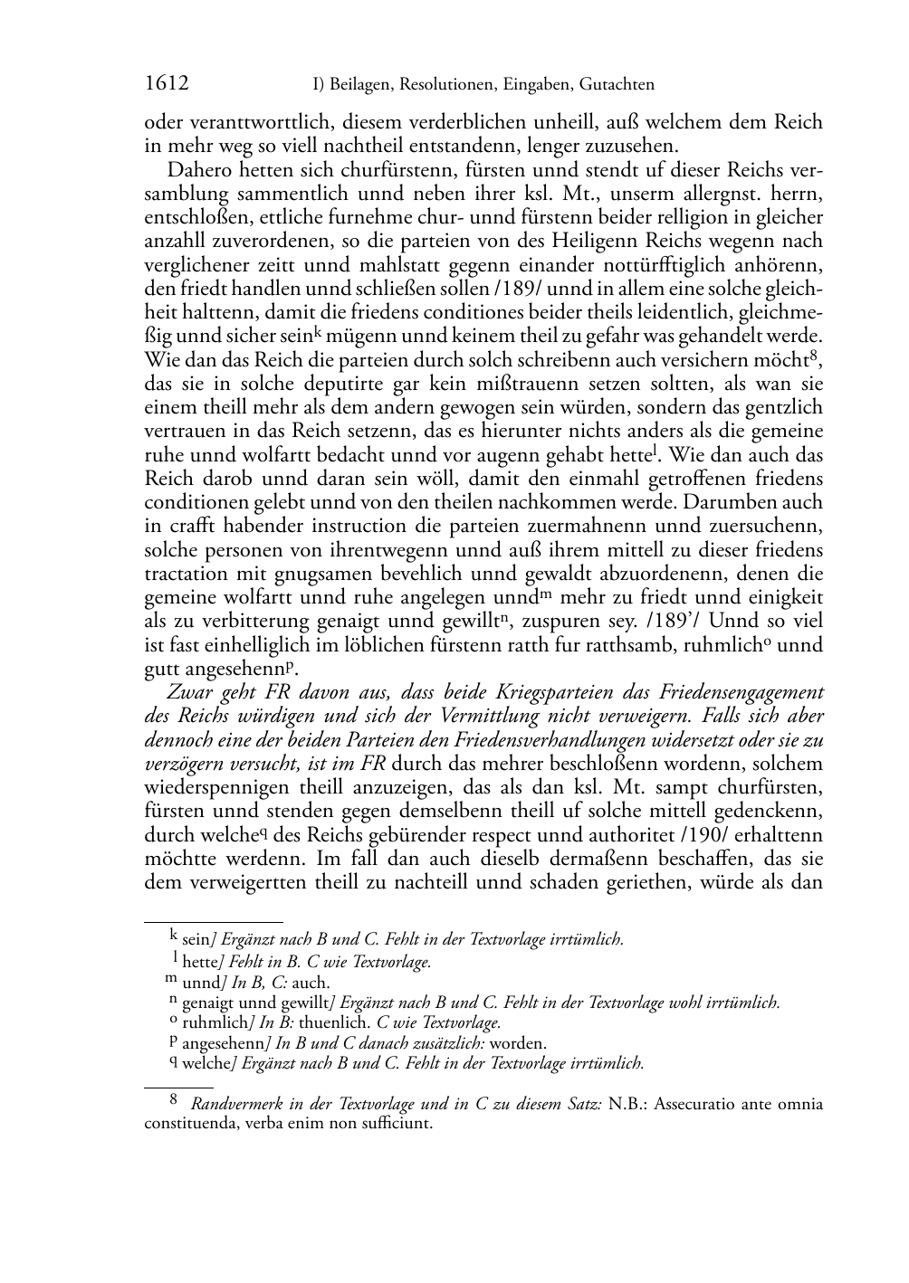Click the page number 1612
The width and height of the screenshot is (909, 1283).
[x=167, y=84]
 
